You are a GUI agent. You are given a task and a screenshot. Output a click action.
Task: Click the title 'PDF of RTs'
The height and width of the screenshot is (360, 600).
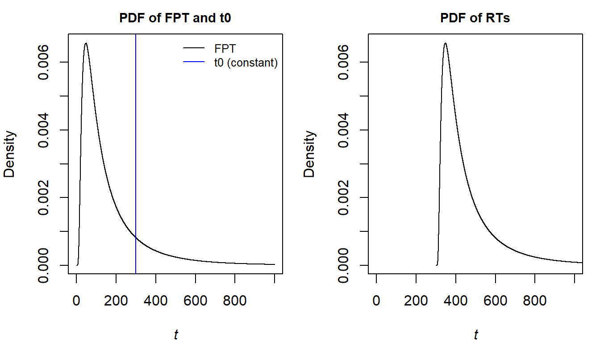point(475,19)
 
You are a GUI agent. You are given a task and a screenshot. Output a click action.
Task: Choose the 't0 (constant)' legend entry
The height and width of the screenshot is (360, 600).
point(246,63)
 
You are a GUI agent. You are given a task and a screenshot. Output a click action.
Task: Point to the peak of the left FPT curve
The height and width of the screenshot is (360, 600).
point(86,43)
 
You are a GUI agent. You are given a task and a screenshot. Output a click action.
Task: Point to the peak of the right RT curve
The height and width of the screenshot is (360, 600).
point(445,43)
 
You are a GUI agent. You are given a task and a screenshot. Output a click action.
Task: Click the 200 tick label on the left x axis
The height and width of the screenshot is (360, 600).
point(116,301)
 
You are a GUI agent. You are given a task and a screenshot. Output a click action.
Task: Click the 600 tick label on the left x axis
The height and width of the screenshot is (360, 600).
point(195,301)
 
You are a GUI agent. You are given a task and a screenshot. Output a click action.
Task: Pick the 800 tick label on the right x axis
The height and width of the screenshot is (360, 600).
point(534,301)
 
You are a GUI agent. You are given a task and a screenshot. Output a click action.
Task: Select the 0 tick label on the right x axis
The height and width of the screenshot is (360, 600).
point(376,301)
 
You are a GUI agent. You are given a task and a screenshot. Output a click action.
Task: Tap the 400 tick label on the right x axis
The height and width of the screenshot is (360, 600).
point(455,301)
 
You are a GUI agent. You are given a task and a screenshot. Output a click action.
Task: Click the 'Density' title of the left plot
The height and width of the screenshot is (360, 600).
point(10,154)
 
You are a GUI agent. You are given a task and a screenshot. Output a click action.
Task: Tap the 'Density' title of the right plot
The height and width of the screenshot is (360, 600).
point(310,154)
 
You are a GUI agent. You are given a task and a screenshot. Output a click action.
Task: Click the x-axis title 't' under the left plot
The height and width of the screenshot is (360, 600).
point(176,335)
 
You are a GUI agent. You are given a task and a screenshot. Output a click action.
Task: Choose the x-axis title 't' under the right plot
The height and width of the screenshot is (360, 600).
point(476,335)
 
